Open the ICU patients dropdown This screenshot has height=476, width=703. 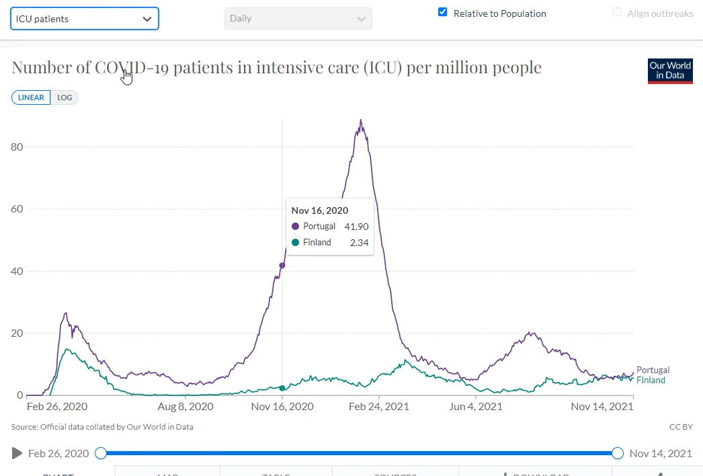85,19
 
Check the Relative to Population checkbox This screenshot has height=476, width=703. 442,12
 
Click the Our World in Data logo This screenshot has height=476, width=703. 670,71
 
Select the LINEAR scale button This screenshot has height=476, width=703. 31,97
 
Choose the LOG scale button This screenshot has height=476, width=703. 65,97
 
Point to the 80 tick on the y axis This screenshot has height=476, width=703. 19,147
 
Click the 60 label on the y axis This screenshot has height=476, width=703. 19,209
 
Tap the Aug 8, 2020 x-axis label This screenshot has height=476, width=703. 185,407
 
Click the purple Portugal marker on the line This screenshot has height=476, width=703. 282,265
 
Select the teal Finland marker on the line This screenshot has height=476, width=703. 282,388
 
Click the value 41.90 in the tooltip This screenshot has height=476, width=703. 356,227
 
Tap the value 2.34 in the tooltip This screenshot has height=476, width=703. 359,243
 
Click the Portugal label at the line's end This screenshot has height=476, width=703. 653,370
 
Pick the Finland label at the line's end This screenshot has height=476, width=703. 651,381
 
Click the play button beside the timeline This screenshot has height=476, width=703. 17,453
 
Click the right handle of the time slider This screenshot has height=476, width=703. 618,453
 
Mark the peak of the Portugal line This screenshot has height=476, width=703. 361,121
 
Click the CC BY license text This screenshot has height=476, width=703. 680,427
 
